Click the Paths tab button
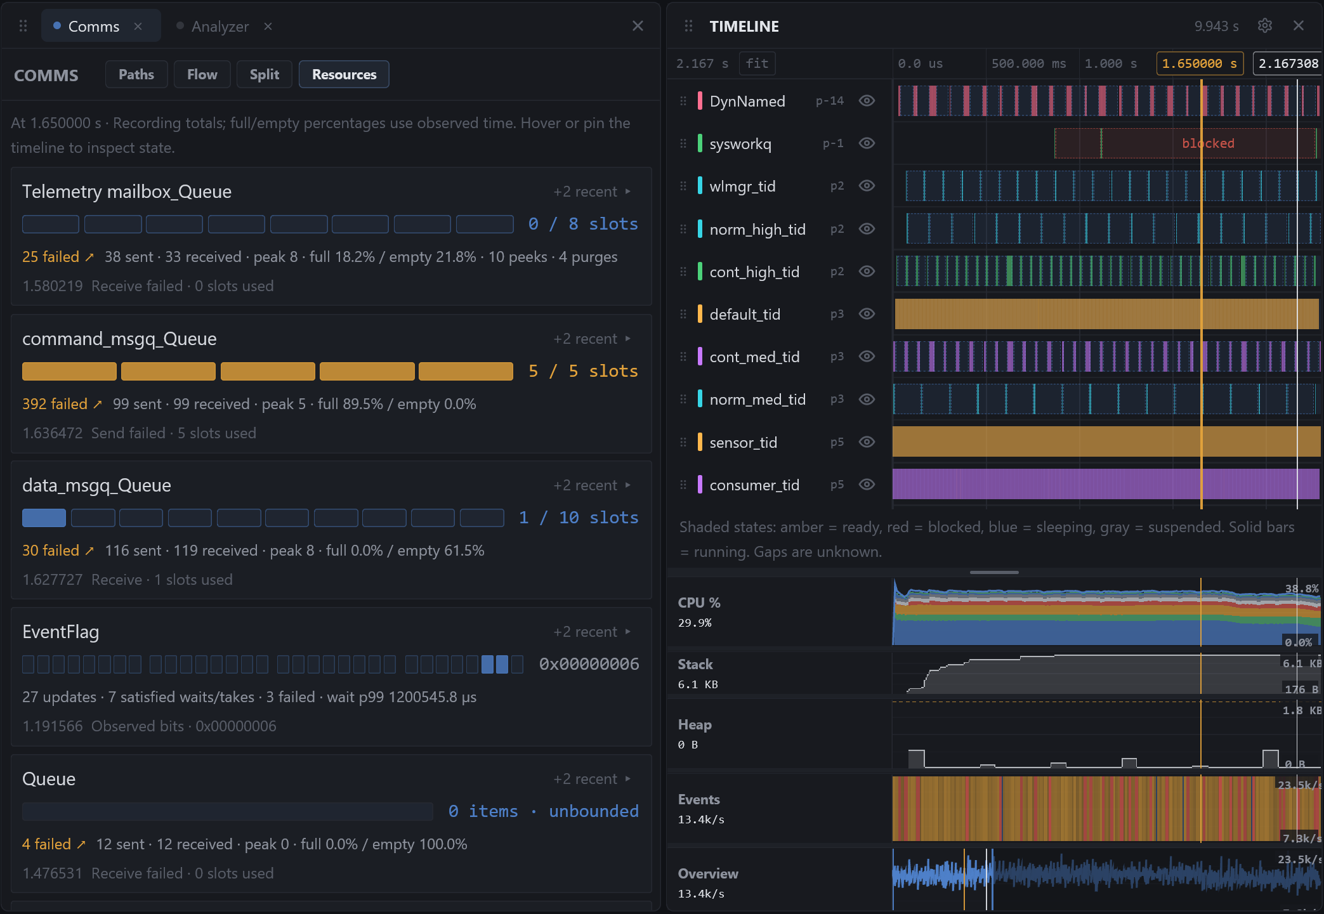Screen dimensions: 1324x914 tap(136, 75)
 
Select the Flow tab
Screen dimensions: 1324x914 tap(202, 75)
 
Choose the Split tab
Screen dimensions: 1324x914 tap(265, 75)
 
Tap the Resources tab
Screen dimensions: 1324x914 tap(344, 75)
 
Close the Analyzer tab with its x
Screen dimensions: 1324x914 tap(268, 26)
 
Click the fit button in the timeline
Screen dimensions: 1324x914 tap(757, 63)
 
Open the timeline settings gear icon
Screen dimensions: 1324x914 tap(1265, 25)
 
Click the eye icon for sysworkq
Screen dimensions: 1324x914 tap(867, 143)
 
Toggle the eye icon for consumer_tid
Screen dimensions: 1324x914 tap(867, 485)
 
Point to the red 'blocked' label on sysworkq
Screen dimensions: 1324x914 tap(1208, 143)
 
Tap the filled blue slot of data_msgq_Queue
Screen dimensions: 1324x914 tap(44, 518)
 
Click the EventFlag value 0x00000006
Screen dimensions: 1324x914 tap(589, 664)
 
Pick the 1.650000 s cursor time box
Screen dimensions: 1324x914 tap(1200, 63)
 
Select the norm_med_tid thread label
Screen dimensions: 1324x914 tap(757, 400)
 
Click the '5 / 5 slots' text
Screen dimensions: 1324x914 tap(583, 371)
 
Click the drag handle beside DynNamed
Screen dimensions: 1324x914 tap(683, 101)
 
